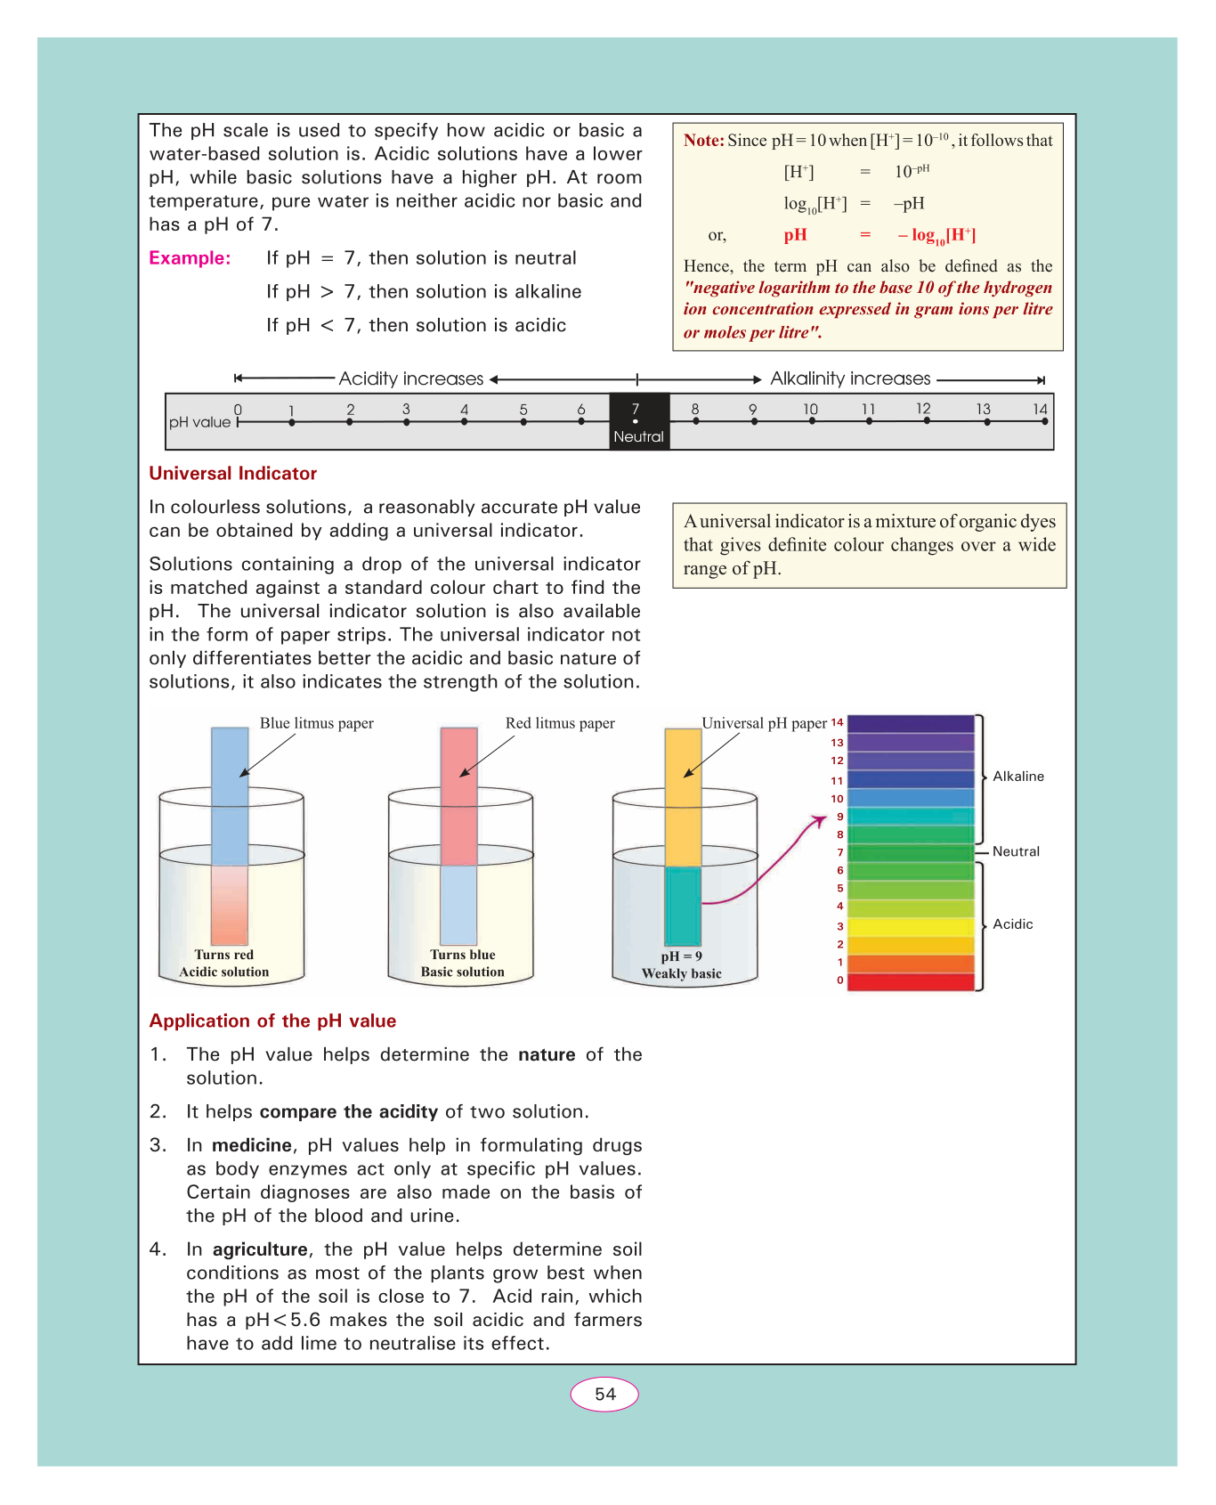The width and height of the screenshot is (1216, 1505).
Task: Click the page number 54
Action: [604, 1394]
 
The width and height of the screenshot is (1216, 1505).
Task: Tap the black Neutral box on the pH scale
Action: [638, 421]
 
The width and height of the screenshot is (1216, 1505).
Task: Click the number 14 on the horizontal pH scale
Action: [1040, 409]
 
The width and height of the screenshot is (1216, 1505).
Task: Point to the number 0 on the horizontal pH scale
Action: [238, 410]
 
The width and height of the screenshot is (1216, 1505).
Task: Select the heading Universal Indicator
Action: [232, 474]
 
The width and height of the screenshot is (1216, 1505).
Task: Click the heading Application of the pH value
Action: [272, 1021]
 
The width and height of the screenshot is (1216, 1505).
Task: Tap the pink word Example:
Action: [190, 258]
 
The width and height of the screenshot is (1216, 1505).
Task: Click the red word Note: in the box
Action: [703, 141]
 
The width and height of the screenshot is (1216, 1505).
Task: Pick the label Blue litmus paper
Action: [316, 723]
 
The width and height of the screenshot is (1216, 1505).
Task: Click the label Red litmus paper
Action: [560, 723]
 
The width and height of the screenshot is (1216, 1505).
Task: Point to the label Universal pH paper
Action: [764, 723]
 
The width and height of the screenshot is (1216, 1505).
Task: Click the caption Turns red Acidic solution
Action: [224, 964]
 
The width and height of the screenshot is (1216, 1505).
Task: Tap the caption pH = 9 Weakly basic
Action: [682, 965]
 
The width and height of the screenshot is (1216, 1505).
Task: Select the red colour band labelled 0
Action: [911, 981]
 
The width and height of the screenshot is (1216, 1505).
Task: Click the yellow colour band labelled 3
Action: [911, 926]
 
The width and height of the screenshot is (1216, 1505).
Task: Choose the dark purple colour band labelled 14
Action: [911, 723]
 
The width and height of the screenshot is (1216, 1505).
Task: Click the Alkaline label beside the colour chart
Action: [1018, 777]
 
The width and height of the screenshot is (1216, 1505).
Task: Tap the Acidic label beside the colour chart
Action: [1013, 924]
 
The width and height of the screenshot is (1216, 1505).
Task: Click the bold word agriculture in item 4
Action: [260, 1249]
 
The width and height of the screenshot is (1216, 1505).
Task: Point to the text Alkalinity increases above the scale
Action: [850, 378]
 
